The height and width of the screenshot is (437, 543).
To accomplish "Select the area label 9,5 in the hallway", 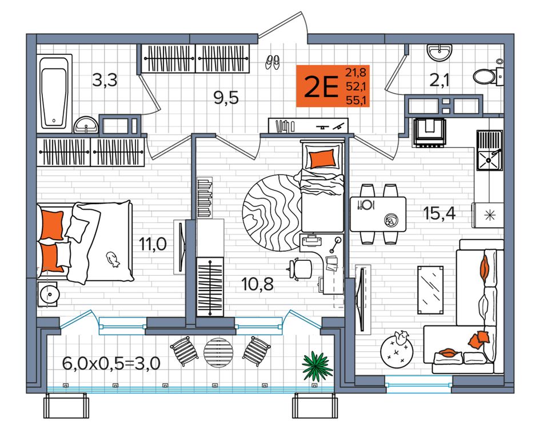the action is [x=226, y=98].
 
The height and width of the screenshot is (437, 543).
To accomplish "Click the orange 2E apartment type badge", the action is [x=333, y=86].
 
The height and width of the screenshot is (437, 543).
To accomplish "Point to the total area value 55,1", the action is [x=357, y=101].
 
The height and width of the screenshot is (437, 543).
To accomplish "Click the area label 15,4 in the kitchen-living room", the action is [x=439, y=213].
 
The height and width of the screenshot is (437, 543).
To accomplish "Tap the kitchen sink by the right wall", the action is [x=489, y=150].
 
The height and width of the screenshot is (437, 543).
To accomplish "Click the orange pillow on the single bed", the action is [x=322, y=159].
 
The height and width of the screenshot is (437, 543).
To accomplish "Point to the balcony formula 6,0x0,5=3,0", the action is [x=111, y=364].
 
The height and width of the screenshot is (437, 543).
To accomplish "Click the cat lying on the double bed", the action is [x=113, y=259].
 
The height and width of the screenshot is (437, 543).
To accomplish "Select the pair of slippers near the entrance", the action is [x=273, y=62].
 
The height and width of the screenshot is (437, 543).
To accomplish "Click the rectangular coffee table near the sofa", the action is [x=430, y=290].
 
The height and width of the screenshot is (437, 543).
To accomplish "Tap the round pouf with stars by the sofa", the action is [x=397, y=349].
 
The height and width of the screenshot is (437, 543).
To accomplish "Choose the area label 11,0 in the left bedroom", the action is [x=153, y=244].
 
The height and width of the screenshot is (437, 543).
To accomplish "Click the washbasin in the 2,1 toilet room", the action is [x=440, y=52].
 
